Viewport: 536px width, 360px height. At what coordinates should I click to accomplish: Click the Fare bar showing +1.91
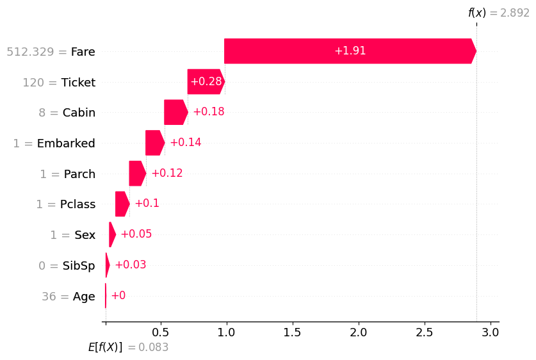[x=350, y=51]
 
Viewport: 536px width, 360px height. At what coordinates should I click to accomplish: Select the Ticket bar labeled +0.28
[x=206, y=82]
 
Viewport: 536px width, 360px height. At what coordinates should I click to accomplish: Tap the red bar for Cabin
[x=176, y=112]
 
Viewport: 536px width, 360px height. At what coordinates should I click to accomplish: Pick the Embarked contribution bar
[x=155, y=143]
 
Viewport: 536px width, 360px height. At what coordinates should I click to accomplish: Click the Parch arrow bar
[x=138, y=174]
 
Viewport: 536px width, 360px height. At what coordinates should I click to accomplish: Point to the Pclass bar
[x=122, y=204]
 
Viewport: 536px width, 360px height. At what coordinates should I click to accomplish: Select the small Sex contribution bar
[x=113, y=234]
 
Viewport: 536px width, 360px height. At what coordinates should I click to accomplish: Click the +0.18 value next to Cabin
[x=209, y=111]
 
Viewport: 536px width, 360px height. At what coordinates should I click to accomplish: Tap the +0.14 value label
[x=186, y=142]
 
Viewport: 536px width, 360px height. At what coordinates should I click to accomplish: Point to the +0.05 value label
[x=136, y=234]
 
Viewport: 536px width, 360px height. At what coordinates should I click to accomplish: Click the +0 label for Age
[x=118, y=295]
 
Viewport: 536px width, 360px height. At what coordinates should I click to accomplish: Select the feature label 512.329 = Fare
[x=51, y=52]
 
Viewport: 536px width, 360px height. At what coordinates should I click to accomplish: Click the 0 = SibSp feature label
[x=67, y=266]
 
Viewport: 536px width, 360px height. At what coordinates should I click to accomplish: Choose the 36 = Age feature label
[x=69, y=297]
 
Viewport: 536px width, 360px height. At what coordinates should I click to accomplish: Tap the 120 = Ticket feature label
[x=59, y=83]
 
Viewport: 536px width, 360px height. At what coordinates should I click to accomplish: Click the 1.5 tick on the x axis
[x=292, y=332]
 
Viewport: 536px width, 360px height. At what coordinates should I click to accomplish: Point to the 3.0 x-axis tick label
[x=490, y=332]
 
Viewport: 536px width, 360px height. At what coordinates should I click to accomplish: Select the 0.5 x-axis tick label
[x=160, y=332]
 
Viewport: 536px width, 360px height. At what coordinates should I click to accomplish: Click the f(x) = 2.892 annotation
[x=499, y=13]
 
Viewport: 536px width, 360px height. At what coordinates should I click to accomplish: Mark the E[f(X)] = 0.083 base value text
[x=128, y=347]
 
